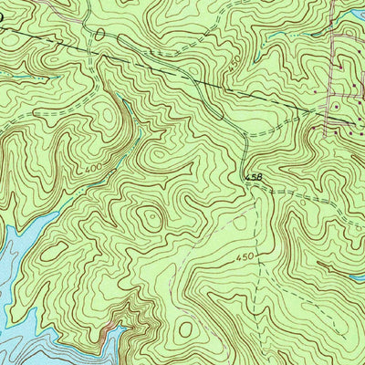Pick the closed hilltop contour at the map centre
point(149,216)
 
